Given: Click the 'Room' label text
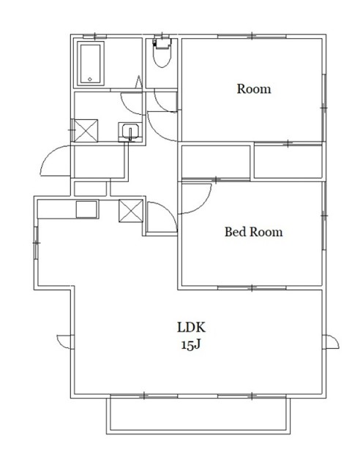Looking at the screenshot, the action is tap(254, 89).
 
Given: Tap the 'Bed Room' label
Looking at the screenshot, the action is tap(253, 232).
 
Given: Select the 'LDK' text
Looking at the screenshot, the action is tap(191, 328).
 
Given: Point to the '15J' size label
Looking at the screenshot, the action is tap(191, 344).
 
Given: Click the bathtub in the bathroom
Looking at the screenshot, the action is tap(91, 64).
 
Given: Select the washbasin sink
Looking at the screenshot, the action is tap(130, 132).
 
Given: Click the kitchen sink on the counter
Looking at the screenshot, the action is tap(86, 209).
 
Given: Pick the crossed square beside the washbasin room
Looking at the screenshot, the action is tap(86, 130).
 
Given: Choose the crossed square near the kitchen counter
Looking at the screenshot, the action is tap(131, 211).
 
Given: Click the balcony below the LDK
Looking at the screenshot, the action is tap(198, 415).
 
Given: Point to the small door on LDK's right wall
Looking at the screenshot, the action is tap(331, 341).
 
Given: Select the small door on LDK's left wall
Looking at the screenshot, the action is tap(65, 341).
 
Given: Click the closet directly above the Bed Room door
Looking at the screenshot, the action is tap(216, 162).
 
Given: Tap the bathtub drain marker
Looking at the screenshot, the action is tap(90, 80).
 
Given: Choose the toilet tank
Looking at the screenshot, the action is tap(162, 42).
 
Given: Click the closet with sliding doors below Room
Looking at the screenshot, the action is tap(288, 161).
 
